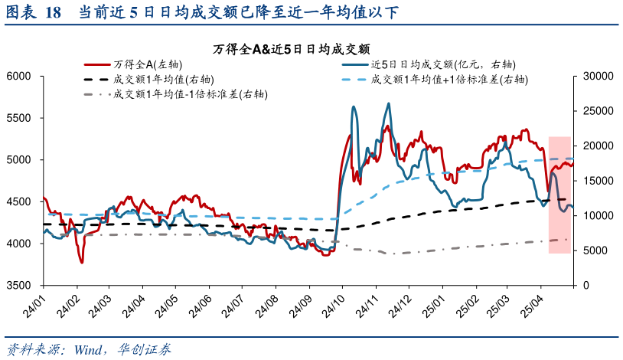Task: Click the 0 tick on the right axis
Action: [587, 285]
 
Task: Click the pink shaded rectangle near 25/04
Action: [559, 195]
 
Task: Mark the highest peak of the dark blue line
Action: [388, 103]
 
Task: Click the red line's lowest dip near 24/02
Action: [82, 263]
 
